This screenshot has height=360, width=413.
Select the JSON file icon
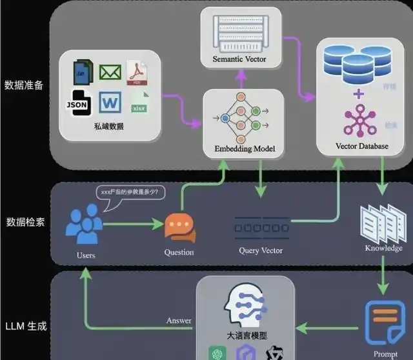coord(79,103)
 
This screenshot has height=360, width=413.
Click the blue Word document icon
coord(110,103)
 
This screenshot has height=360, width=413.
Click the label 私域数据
coord(108,127)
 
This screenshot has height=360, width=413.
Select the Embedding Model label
coord(245,149)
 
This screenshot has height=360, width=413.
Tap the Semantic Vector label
coord(239,60)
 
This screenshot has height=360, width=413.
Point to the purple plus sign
coord(359,95)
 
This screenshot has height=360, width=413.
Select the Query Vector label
coord(261,250)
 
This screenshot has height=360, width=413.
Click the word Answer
coord(179,321)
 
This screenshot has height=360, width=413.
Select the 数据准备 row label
coord(24,85)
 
